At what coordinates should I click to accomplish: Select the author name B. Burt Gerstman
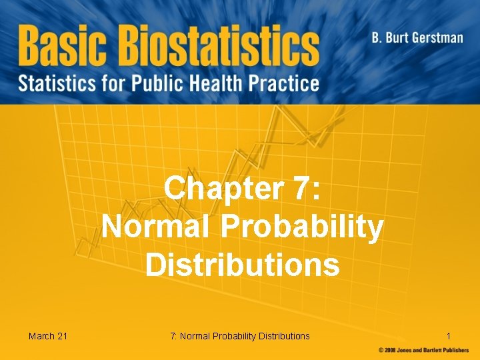pos(417,37)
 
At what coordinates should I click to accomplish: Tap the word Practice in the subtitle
pos(287,83)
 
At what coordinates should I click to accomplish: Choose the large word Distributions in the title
pos(243,265)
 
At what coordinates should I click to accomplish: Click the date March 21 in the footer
pos(48,335)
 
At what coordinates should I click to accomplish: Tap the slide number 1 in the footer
pos(449,335)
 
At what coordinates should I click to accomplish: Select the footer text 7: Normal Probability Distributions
pos(240,335)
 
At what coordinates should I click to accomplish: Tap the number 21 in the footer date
pos(62,335)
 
